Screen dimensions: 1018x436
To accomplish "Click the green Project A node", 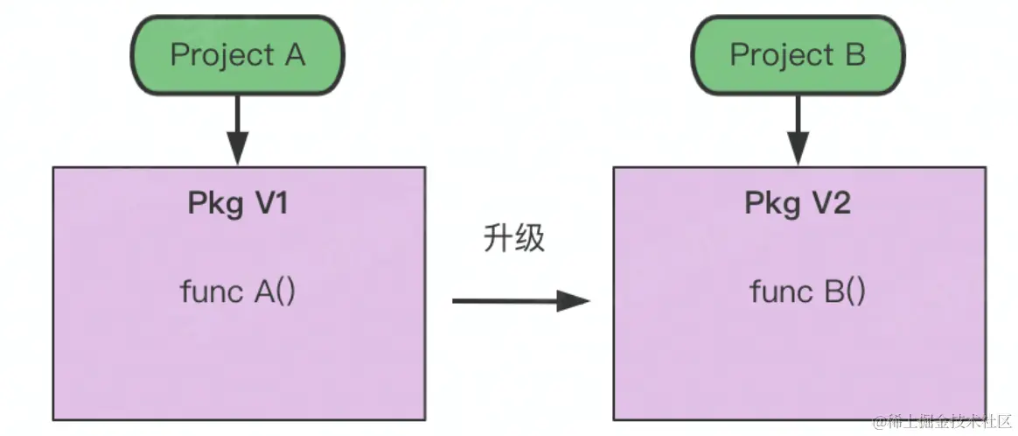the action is [x=237, y=56].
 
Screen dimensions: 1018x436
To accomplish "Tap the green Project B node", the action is [x=798, y=56].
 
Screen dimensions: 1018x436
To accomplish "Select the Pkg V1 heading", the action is [x=238, y=203].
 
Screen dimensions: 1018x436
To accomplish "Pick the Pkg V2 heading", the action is [x=798, y=203].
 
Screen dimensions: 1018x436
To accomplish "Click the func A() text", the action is [x=238, y=292].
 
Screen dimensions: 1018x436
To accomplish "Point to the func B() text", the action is [x=807, y=292].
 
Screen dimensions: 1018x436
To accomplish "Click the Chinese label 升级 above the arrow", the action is [x=513, y=239].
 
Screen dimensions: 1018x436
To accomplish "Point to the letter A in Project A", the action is [x=294, y=56].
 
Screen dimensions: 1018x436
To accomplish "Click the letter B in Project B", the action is [x=854, y=56].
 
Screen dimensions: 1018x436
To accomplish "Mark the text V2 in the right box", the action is [x=831, y=203].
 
